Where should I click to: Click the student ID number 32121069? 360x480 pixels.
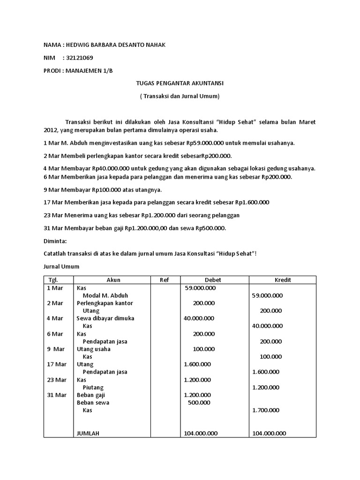(81, 58)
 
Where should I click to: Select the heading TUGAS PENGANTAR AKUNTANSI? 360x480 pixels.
(180, 83)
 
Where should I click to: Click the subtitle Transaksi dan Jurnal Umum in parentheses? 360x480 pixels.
(180, 96)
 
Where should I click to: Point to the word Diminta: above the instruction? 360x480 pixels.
(55, 241)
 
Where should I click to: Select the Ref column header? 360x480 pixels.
(164, 280)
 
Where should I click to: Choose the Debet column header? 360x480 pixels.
(213, 280)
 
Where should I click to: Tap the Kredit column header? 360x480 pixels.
(282, 280)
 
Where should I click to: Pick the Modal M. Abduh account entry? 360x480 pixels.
(105, 295)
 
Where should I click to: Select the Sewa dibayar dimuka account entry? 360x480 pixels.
(105, 318)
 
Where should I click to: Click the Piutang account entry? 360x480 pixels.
(93, 388)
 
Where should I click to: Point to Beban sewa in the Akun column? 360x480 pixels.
(93, 403)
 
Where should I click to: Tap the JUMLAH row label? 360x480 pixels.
(88, 434)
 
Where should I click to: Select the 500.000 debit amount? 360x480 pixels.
(199, 403)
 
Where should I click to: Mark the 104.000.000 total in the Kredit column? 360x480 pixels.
(269, 434)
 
